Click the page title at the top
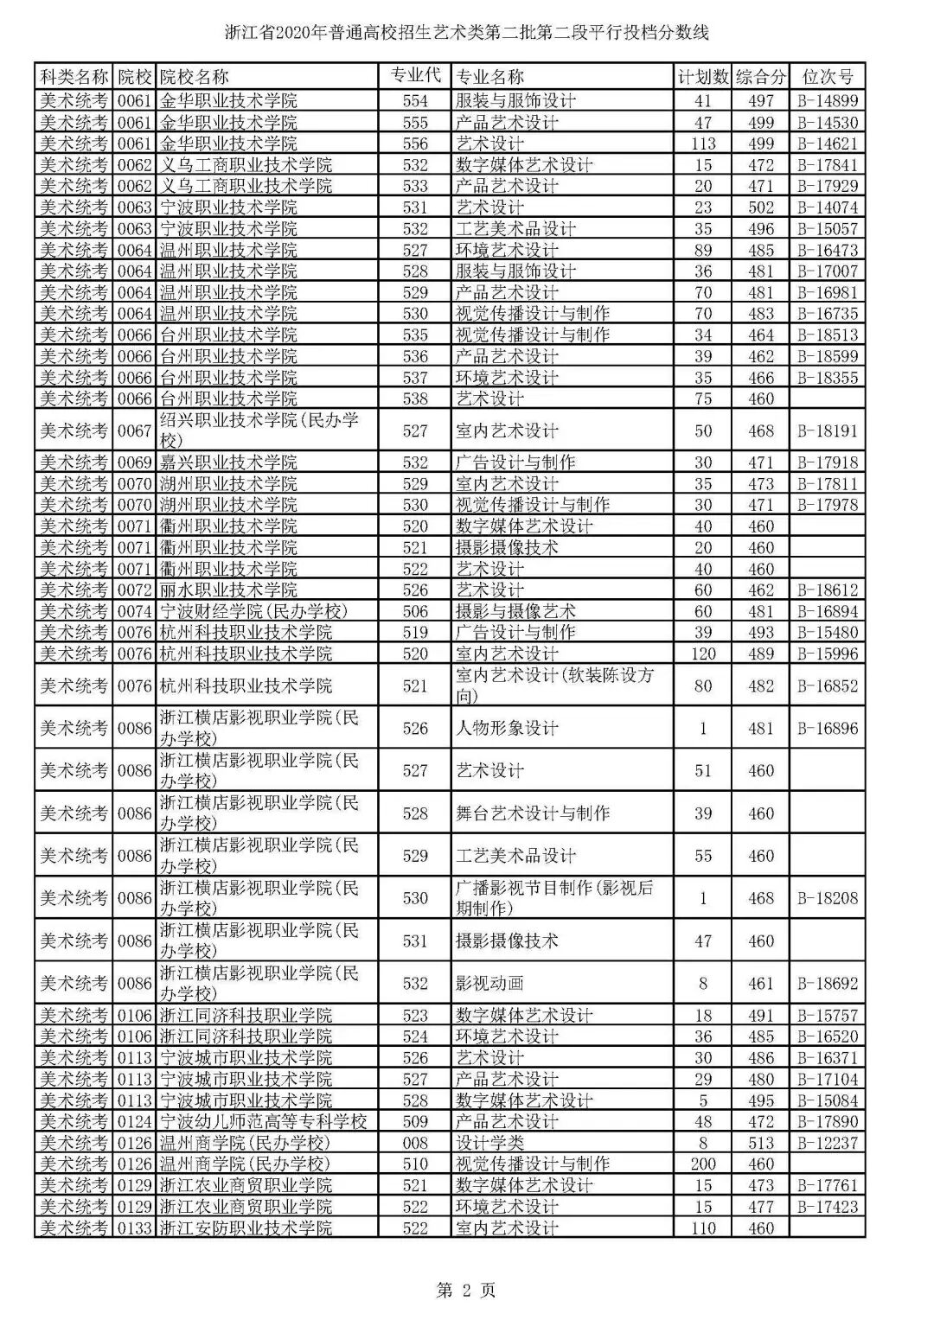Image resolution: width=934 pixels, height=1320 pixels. [466, 34]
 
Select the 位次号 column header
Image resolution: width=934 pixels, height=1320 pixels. [827, 77]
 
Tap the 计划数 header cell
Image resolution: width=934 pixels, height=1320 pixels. [702, 77]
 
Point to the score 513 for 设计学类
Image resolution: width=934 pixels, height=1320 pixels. [761, 1143]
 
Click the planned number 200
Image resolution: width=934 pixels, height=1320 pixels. [702, 1164]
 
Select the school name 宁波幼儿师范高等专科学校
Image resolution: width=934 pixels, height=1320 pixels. [264, 1121]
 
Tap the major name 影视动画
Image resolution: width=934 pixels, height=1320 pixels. [489, 983]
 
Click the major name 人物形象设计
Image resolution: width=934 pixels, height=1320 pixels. [507, 728]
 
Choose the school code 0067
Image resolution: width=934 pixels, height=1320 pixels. [134, 430]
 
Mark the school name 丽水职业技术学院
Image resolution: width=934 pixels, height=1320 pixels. [228, 590]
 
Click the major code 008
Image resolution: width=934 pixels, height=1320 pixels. [415, 1143]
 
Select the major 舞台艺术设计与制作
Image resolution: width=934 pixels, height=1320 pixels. [533, 813]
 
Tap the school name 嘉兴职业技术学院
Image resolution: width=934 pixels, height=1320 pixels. [228, 462]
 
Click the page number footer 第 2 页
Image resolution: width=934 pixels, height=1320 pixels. [466, 1291]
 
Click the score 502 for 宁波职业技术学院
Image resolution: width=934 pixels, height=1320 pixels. [761, 207]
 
